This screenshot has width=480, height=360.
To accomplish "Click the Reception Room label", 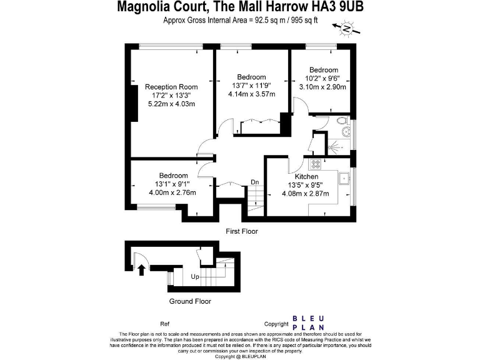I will [x=171, y=87].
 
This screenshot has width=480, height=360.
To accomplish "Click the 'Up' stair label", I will [x=195, y=276].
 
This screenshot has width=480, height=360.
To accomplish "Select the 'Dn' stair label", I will [x=255, y=182].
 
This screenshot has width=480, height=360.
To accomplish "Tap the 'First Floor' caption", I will [x=242, y=231].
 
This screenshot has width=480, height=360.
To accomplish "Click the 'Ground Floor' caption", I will [x=190, y=301].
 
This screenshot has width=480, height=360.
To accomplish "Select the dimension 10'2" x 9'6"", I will [x=323, y=78].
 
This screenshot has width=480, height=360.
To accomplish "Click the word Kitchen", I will [x=303, y=177].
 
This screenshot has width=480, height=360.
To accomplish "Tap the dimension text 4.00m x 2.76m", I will [x=172, y=192].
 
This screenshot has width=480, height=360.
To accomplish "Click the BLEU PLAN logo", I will [x=308, y=321].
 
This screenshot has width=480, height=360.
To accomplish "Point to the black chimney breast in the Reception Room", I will [x=133, y=104].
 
